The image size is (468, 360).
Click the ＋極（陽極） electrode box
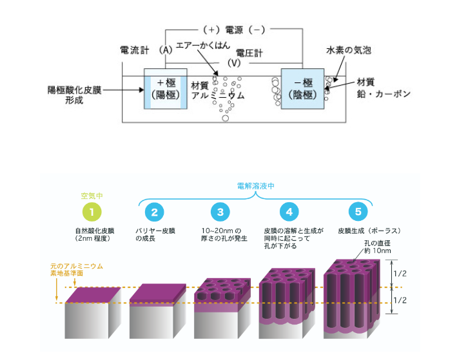[166, 88]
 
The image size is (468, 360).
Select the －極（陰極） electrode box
[302, 88]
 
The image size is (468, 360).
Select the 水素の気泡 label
[348, 49]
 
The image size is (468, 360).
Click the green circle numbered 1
[92, 211]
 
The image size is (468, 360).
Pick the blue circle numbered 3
[220, 211]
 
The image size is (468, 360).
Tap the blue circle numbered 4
[289, 211]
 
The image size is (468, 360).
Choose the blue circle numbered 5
[357, 211]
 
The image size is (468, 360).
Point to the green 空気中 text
[92, 194]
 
